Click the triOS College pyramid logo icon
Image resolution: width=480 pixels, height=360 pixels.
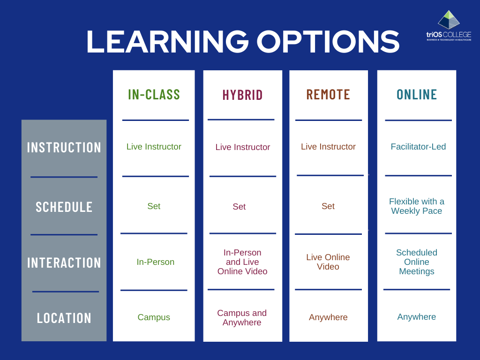pos(449,20)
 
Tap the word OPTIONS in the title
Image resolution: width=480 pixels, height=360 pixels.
pos(328,42)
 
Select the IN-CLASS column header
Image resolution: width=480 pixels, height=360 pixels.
pos(154,94)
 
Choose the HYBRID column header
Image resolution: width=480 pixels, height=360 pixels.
pos(242,95)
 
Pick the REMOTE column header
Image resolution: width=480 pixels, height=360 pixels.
pos(328,94)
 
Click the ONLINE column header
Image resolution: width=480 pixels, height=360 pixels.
pos(417,94)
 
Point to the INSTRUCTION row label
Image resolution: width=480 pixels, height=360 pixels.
pos(64,147)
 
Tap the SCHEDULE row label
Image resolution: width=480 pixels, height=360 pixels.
pos(64,207)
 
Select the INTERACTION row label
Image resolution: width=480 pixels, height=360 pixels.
pos(64,262)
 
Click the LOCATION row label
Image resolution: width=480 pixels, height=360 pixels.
pos(64,318)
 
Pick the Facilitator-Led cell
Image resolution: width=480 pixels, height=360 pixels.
pos(418,147)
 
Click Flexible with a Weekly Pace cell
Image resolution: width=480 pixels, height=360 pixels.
pos(417,206)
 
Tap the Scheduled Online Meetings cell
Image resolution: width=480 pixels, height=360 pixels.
pos(417,262)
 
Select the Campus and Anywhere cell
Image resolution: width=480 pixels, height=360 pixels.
pos(242,317)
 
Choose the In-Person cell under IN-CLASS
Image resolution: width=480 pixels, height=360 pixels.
pos(155,262)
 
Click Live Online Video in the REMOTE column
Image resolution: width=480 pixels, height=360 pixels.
pos(328,262)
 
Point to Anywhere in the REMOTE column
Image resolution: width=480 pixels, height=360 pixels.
pos(328,317)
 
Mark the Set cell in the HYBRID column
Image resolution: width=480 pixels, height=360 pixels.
pos(239,207)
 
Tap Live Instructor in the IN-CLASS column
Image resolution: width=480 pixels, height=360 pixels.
pos(154,147)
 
